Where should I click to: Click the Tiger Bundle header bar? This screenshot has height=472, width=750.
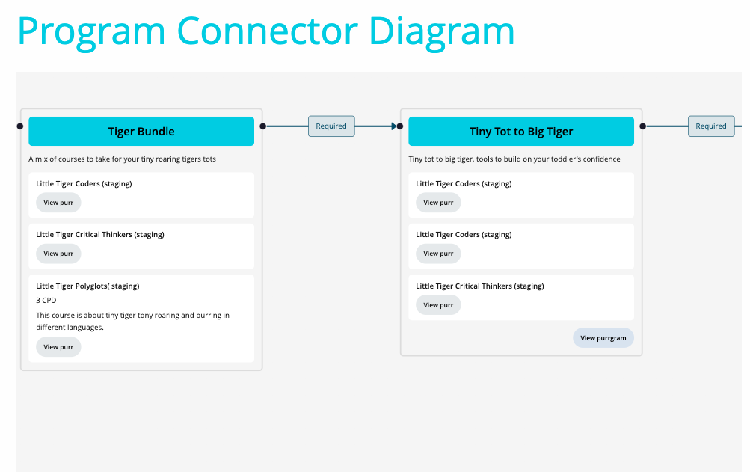pos(141,131)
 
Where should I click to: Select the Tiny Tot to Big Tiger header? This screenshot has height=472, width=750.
pos(521,131)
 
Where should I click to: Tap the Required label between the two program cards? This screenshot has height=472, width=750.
pos(331,126)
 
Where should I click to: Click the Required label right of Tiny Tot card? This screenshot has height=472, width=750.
pos(711,126)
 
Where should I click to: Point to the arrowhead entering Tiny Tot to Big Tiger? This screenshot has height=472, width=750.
pos(393,126)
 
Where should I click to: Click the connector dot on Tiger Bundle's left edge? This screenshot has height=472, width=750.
pos(19,126)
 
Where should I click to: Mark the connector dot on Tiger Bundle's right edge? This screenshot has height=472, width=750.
pos(262,126)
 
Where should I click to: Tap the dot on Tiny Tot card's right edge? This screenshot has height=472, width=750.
pos(642,126)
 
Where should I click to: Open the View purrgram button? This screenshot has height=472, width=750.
pos(603,338)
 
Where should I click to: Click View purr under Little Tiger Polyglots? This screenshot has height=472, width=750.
pos(58,347)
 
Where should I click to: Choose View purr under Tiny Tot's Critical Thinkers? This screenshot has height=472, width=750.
pos(438,305)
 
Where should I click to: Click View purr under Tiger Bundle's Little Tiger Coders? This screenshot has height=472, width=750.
pos(58,203)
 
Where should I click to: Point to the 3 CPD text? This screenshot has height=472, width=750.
pos(46,300)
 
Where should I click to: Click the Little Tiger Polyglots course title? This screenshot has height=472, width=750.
pos(87,286)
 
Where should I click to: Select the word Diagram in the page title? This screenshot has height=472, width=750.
pos(441,31)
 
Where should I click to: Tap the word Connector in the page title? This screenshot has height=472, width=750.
pos(268,31)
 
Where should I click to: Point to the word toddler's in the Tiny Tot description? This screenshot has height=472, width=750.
pos(562,159)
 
